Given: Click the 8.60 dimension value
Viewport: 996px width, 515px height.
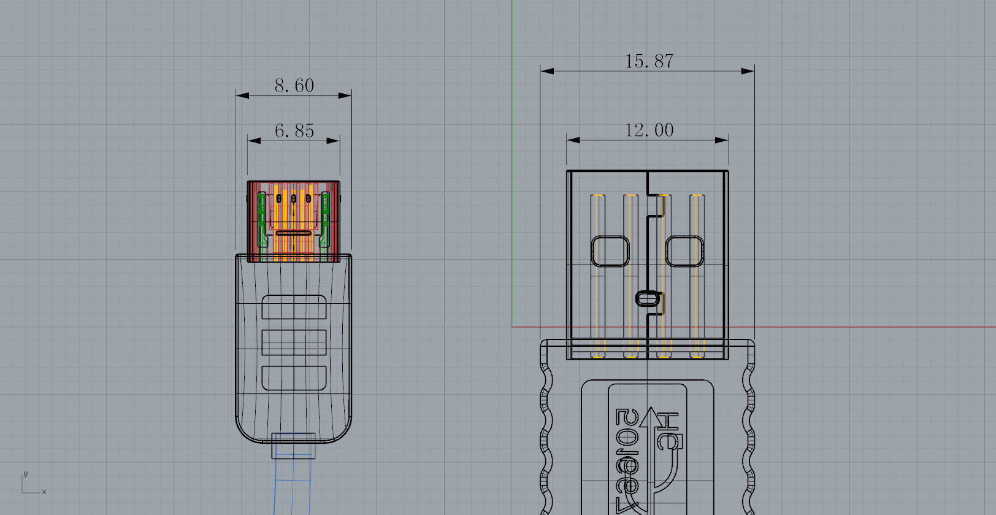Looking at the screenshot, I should click(294, 85).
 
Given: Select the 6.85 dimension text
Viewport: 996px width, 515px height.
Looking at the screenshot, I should click(294, 131).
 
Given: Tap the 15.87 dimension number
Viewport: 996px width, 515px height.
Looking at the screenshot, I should click(649, 61).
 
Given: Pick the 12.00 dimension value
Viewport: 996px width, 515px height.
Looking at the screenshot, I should click(649, 130).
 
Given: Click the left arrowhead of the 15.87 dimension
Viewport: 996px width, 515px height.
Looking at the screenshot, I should click(546, 71).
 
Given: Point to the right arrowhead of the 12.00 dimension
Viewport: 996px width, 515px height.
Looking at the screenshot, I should click(722, 140).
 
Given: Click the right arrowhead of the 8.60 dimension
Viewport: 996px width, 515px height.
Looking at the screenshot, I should click(345, 95).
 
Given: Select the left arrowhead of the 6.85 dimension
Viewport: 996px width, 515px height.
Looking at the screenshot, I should click(254, 141).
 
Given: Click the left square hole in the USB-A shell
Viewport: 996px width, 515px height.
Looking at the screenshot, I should click(610, 251).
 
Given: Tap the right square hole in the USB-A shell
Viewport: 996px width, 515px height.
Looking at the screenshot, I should click(684, 251).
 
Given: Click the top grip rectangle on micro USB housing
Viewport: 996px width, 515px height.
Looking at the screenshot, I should click(294, 307).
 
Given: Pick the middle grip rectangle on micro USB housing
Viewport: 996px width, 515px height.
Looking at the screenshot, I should click(294, 342).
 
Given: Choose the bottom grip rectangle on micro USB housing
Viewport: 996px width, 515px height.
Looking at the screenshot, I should click(294, 378).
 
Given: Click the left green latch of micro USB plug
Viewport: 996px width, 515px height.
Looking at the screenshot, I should click(262, 220).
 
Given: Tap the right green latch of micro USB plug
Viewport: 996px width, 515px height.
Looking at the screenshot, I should click(325, 220).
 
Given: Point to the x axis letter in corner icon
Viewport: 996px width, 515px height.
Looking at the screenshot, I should click(44, 492).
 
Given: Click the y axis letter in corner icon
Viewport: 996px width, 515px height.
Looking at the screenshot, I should click(25, 474).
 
